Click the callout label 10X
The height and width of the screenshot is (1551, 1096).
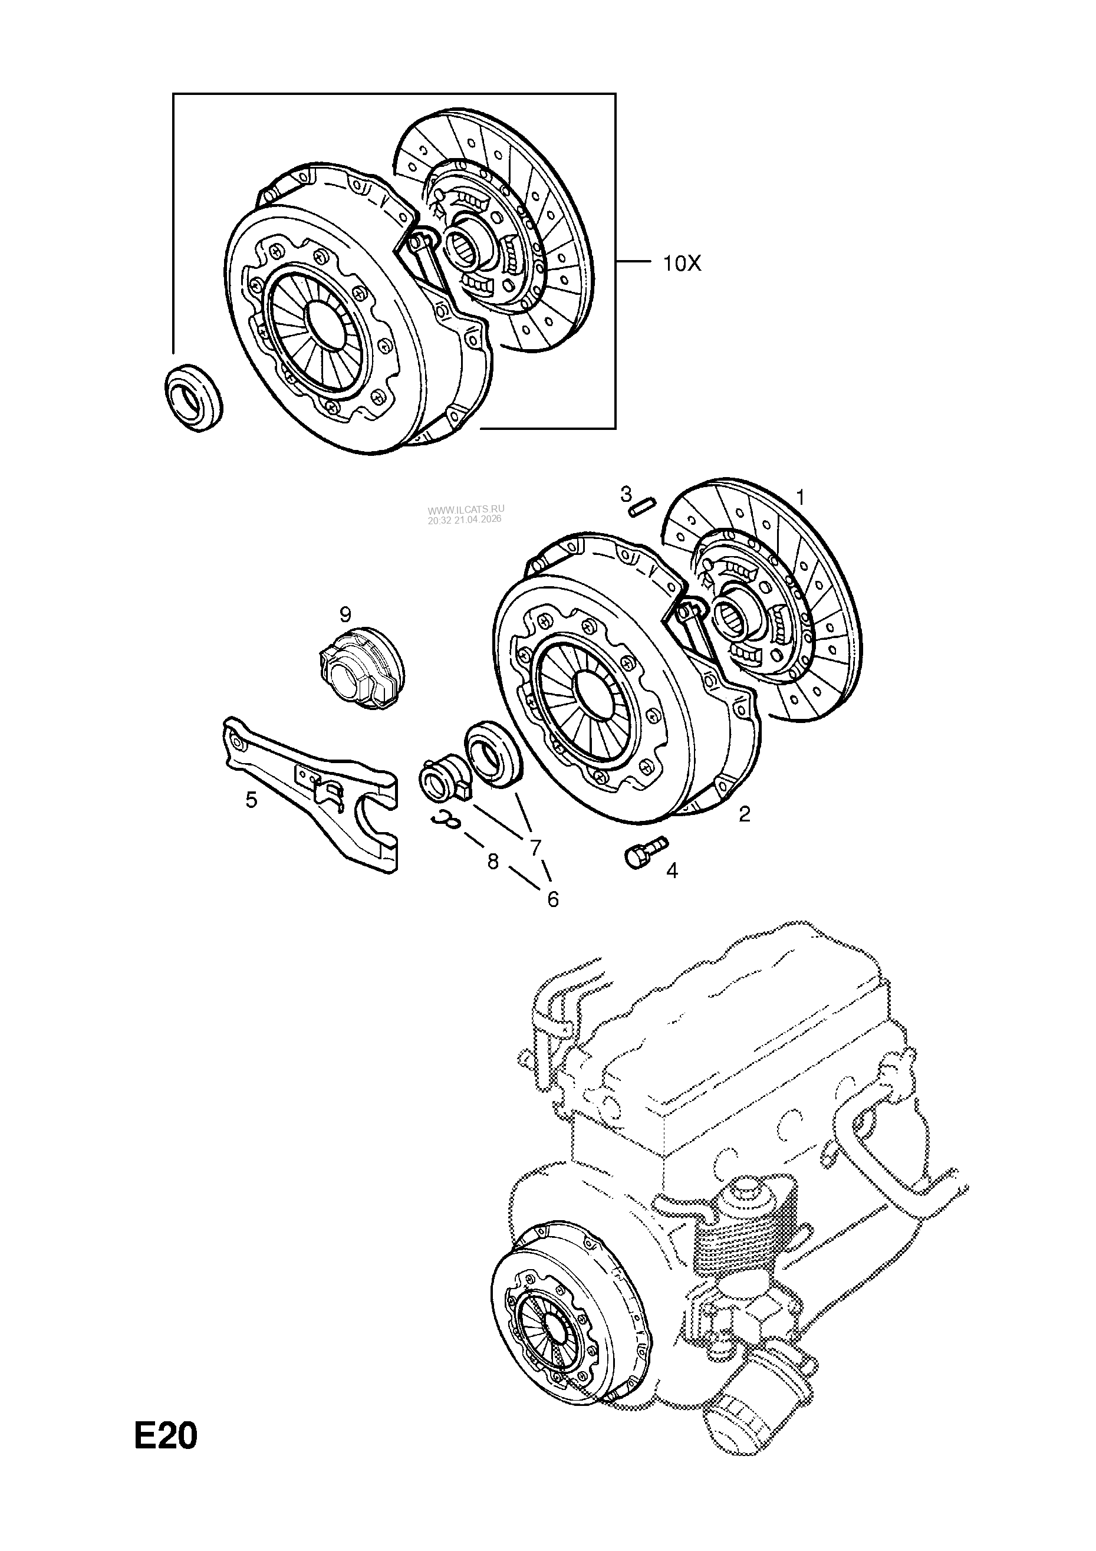682,264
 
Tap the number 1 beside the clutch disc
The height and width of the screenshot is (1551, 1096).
800,498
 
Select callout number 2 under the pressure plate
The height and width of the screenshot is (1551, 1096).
744,814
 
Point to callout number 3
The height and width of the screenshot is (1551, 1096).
626,494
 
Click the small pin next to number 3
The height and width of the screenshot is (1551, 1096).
642,507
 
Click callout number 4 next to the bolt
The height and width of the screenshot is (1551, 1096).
672,871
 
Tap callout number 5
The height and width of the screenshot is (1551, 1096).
251,800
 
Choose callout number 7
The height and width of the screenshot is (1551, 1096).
535,846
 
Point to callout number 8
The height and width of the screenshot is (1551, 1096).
493,862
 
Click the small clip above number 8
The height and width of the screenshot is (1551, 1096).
447,819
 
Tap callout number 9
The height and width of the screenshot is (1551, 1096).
345,615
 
